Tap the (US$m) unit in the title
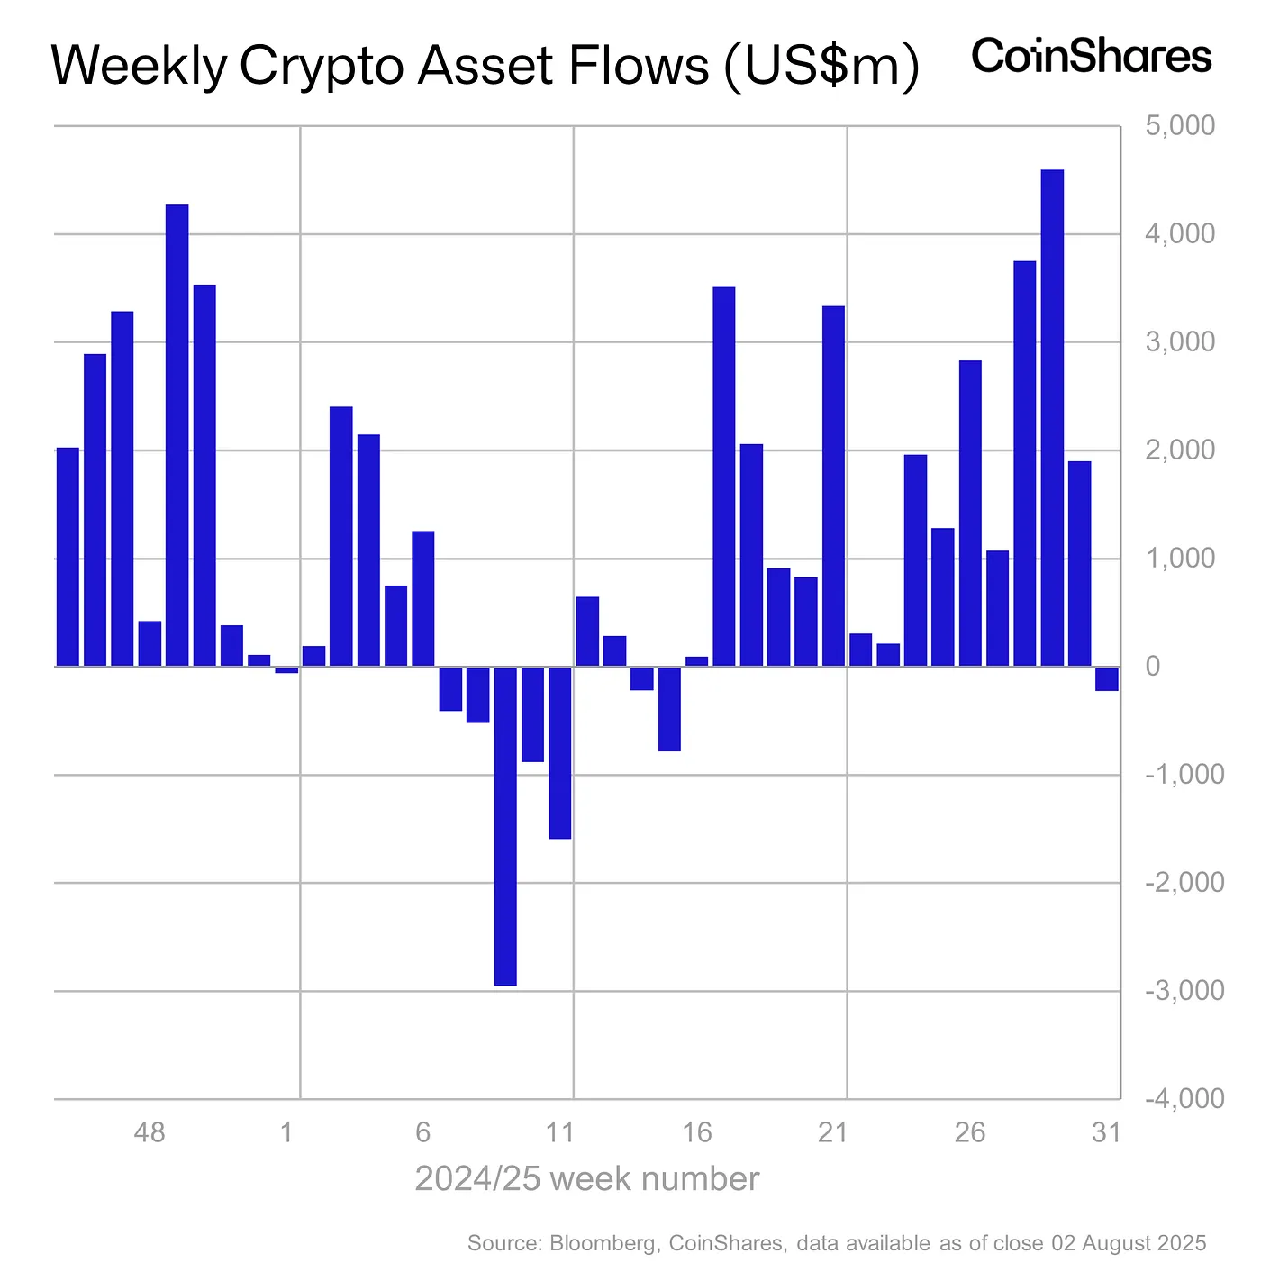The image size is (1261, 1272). pos(821,67)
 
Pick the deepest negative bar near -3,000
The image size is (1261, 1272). pos(505,825)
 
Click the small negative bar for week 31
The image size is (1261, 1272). pos(1107,678)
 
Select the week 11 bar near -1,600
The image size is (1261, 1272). pos(560,752)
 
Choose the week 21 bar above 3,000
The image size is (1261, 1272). pos(833,486)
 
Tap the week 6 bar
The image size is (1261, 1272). pos(423,598)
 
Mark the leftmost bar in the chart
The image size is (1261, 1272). pos(68,557)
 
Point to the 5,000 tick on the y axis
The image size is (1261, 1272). pos(1179,125)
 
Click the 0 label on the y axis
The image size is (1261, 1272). pos(1153,667)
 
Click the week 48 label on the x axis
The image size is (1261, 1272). pos(150,1131)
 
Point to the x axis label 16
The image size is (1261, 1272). pos(697,1131)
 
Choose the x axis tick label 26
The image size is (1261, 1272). pos(970,1131)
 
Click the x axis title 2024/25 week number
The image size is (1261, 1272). pos(586,1178)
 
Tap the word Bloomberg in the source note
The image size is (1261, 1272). pos(601,1243)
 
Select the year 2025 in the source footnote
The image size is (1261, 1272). pos(1178,1243)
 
